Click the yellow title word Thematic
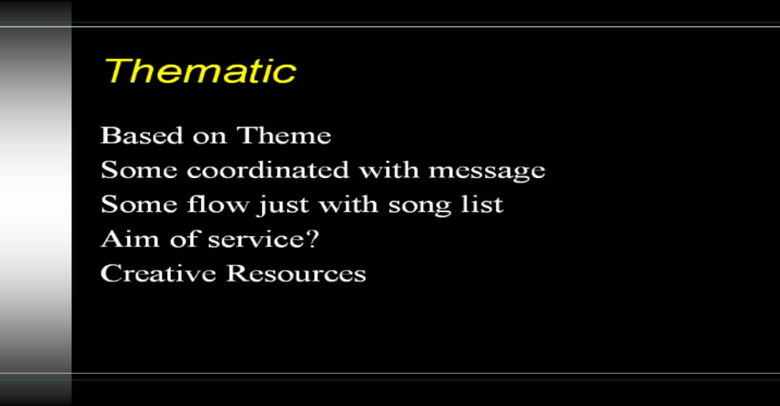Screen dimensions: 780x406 (200, 71)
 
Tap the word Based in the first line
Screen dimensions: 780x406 (142, 135)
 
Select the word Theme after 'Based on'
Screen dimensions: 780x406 (284, 135)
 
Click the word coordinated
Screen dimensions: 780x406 (268, 170)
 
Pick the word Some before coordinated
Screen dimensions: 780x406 (139, 170)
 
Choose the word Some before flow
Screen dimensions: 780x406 (139, 204)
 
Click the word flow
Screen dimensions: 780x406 (218, 204)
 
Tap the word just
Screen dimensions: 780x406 (283, 206)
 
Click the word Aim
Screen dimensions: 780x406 (130, 238)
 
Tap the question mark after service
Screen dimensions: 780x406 (313, 238)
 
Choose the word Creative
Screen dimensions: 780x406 (158, 273)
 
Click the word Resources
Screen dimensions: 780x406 (296, 273)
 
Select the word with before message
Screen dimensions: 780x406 (389, 170)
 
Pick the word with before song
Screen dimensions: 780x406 (348, 204)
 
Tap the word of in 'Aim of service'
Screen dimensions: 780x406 (185, 238)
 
